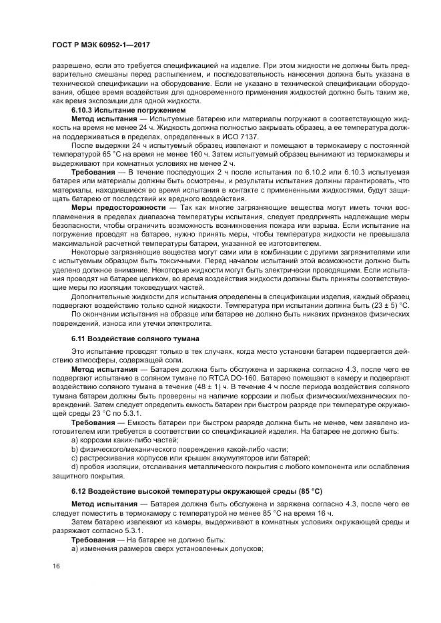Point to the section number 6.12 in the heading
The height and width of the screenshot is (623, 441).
[79, 490]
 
